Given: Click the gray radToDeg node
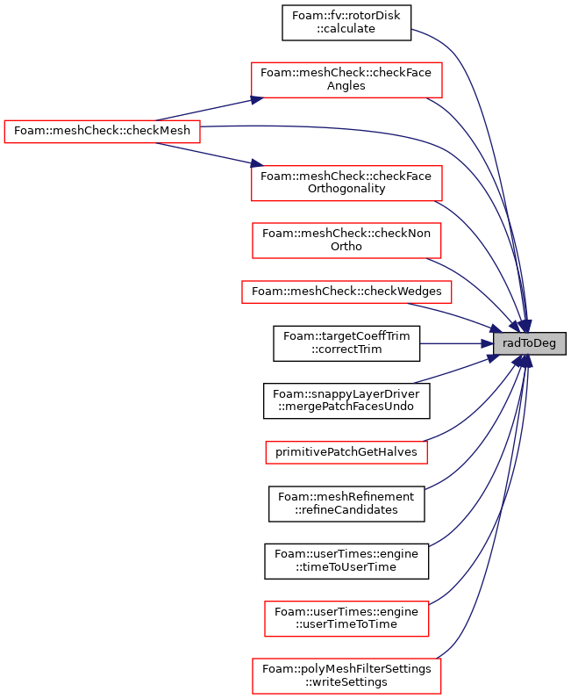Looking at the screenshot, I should [529, 343].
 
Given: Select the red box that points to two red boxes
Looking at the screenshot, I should [102, 132].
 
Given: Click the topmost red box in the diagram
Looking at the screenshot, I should [346, 80].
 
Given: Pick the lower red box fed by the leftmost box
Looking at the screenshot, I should [346, 184].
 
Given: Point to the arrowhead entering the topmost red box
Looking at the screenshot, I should [257, 99].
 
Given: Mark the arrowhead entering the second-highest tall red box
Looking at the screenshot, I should [257, 163].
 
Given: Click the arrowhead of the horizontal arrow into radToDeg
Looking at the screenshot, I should [487, 343].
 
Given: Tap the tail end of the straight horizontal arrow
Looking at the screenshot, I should [421, 343].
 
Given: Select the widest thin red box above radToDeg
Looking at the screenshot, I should [346, 292].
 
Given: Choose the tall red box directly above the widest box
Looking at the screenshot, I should [346, 241].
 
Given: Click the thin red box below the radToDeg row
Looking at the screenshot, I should [346, 452].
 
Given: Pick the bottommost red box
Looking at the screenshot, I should [346, 676].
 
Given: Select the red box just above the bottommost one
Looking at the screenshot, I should [346, 619].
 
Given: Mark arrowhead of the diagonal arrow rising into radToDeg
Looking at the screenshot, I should [493, 357].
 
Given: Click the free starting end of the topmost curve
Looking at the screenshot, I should [412, 29].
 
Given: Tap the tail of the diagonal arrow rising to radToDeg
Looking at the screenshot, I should [414, 383].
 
